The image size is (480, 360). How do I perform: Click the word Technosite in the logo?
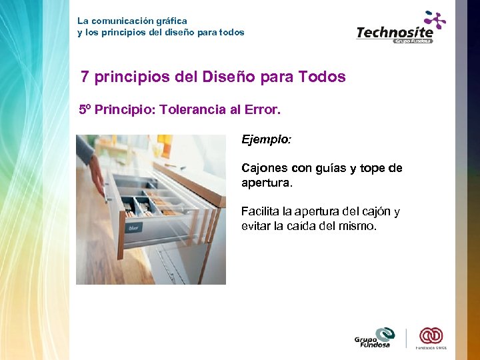394,31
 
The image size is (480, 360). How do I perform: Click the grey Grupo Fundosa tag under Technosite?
413,41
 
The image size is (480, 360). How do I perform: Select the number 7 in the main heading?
85,77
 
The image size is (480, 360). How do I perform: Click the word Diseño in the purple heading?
225,77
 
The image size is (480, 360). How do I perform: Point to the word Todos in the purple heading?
323,77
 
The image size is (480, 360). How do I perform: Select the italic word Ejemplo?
267,140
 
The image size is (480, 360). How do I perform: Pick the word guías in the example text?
337,168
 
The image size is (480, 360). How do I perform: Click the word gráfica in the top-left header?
171,21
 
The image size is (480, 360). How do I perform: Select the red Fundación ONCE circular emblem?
431,335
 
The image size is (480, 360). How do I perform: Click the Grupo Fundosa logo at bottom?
375,337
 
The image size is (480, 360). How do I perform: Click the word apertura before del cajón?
318,212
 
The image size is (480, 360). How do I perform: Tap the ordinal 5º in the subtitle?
85,109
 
